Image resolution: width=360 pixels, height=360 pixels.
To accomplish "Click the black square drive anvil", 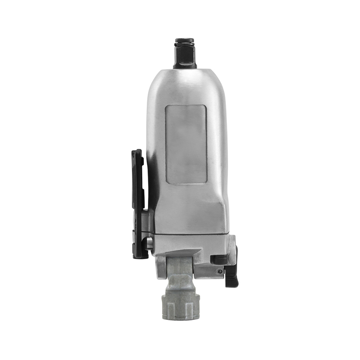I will tap(184, 55).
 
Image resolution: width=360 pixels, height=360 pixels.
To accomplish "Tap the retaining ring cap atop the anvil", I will tap(184, 41).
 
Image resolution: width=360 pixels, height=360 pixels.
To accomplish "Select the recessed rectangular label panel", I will tap(186, 144).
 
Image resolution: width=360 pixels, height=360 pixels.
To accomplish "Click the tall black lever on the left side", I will tap(138, 202).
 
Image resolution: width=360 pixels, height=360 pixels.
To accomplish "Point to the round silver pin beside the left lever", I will tap(149, 244).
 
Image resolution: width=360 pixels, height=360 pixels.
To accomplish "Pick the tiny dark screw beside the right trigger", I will tap(220, 271).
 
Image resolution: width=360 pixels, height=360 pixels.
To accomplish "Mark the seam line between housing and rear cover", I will tap(189, 234).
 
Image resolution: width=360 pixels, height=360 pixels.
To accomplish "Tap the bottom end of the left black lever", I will tap(140, 255).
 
